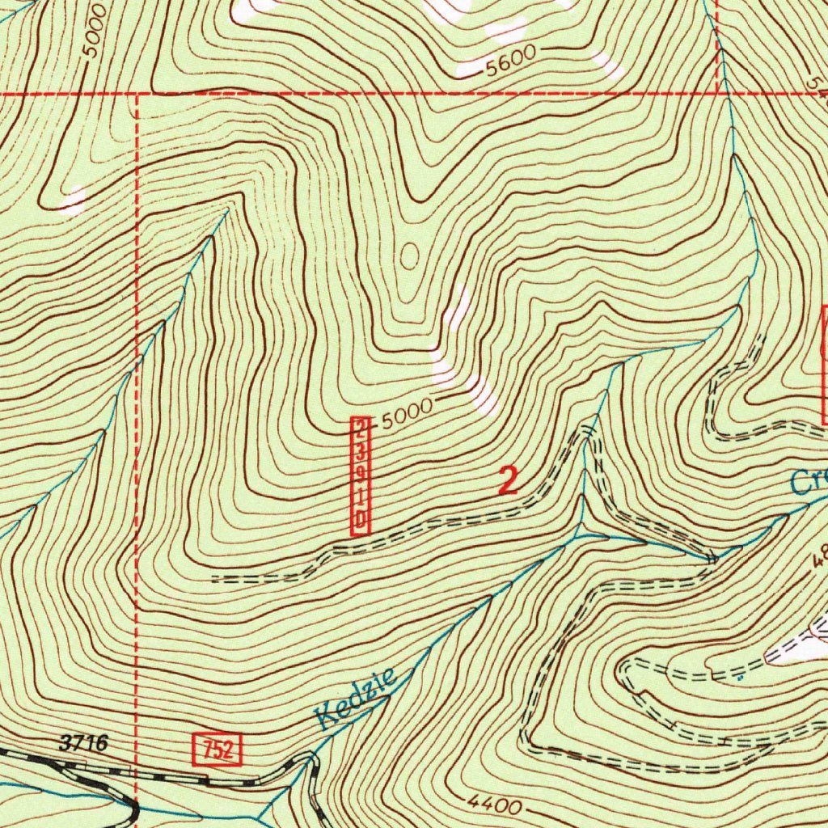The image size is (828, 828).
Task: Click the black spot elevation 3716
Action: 82,743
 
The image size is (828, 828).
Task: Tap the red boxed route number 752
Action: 218,749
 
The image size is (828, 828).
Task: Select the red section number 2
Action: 508,481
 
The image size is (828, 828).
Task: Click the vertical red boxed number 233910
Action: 360,476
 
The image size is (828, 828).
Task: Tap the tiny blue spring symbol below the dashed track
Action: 738,678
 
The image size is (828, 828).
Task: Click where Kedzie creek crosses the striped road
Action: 307,761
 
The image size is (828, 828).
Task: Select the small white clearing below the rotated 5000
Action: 74,200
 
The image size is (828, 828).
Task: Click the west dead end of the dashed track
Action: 213,579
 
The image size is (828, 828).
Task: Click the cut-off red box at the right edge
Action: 824,364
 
